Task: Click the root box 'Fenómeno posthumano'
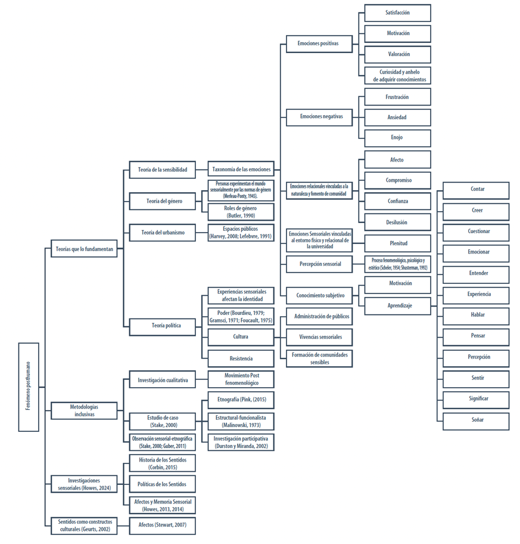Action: click(x=29, y=387)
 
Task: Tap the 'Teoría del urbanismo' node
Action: click(x=163, y=233)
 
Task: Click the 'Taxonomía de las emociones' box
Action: click(x=241, y=169)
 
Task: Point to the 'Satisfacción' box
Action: click(x=397, y=13)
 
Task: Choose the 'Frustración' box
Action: click(x=397, y=97)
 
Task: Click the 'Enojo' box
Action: click(x=397, y=137)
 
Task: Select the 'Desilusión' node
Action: click(x=397, y=222)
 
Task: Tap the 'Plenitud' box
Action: click(x=397, y=243)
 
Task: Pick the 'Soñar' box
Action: click(x=477, y=420)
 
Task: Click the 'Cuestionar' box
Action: click(x=477, y=231)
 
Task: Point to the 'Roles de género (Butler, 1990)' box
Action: click(x=241, y=212)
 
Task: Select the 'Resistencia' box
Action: click(x=241, y=358)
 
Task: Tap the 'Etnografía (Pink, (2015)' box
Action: click(x=241, y=400)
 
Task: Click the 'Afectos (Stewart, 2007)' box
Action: click(x=163, y=526)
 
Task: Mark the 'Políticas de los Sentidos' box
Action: click(x=163, y=484)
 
